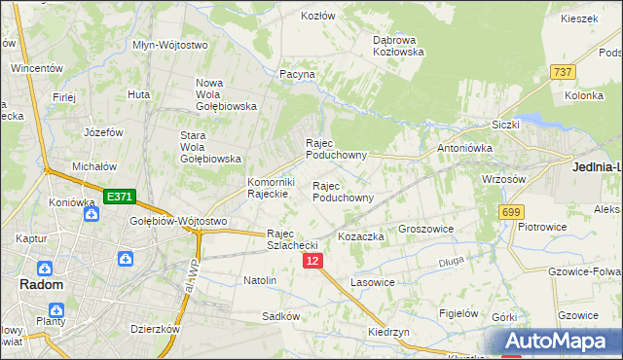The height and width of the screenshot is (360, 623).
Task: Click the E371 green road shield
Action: pos(119,197)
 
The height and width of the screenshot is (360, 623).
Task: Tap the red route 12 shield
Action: pos(311,261)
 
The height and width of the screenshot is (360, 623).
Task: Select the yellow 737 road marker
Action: pos(562,72)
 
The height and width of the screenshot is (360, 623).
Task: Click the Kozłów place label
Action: pos(317,16)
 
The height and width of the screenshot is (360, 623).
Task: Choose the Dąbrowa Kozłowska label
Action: pos(399,46)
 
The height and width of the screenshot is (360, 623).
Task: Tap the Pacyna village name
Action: pos(297,74)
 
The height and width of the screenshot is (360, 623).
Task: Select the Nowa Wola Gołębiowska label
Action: pos(226,94)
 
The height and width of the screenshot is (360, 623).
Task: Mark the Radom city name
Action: pos(42,285)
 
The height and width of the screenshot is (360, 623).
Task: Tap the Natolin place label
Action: pos(260,280)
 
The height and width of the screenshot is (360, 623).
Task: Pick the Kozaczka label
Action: pos(361,236)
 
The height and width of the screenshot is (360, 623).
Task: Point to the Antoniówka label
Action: pos(466,148)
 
